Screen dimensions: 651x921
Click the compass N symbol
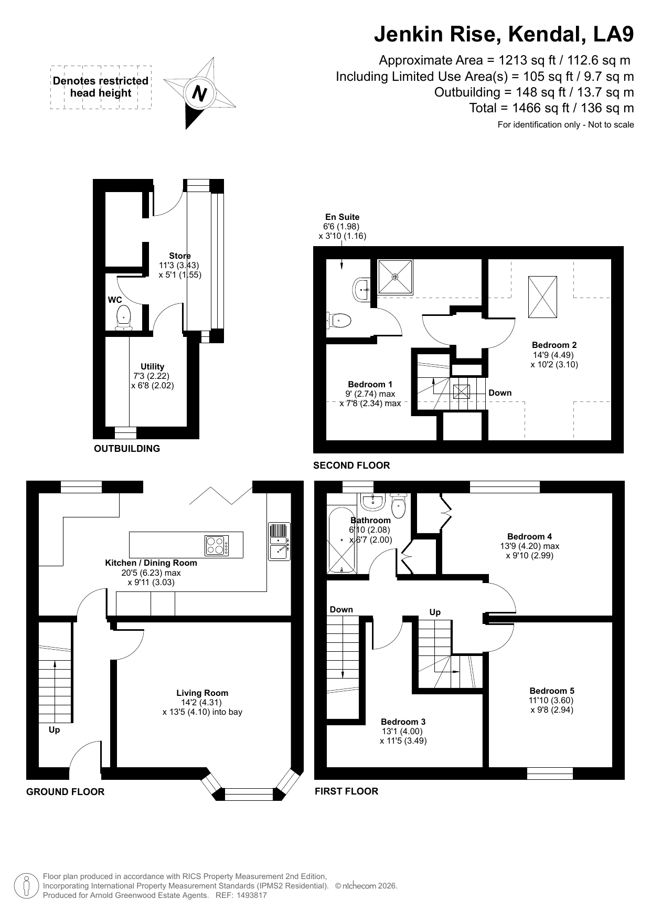click(199, 93)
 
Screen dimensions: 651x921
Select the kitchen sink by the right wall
click(279, 542)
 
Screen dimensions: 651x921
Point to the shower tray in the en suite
click(394, 276)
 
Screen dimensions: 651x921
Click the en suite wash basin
click(361, 289)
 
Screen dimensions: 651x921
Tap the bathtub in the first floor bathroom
click(341, 540)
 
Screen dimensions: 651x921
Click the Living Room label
click(202, 693)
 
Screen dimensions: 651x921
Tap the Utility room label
click(152, 366)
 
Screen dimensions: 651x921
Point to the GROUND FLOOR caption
click(66, 792)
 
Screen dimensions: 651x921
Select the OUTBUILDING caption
click(127, 449)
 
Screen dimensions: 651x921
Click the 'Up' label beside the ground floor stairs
click(54, 730)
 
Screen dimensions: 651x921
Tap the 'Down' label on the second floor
click(500, 393)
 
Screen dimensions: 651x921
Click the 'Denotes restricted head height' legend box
click(101, 87)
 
